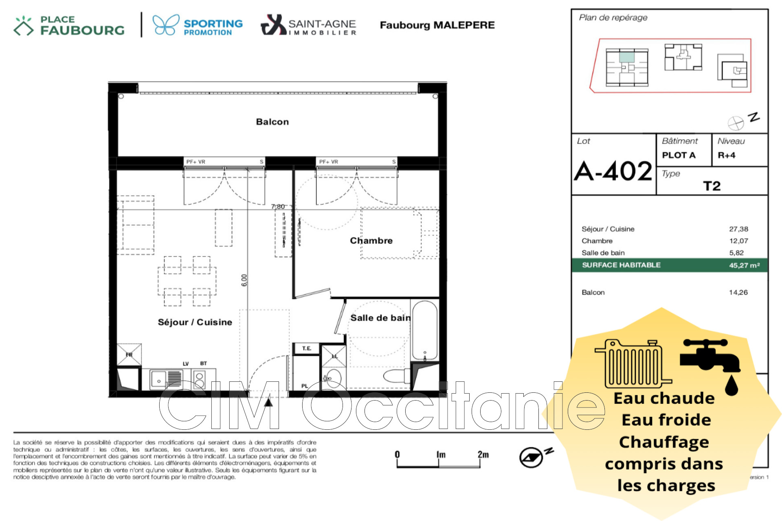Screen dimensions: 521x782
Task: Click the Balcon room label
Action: pos(272,122)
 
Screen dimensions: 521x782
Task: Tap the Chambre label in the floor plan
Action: pos(371,241)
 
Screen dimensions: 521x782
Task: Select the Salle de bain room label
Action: pos(380,318)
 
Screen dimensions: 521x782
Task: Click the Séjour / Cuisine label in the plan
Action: pos(195,322)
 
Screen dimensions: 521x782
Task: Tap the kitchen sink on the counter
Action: pos(158,379)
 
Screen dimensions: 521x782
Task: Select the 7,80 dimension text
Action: pos(278,206)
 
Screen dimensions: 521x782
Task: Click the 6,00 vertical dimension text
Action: pos(244,280)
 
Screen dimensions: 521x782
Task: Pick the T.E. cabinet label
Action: pos(306,348)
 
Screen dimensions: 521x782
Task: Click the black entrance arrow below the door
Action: pos(268,402)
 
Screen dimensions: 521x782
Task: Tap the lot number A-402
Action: pos(613,171)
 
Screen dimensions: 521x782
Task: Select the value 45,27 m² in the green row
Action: pos(744,265)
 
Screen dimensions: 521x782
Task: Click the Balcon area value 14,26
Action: pos(738,292)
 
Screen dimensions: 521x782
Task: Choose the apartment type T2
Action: pos(712,186)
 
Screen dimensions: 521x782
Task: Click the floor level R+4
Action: pos(726,155)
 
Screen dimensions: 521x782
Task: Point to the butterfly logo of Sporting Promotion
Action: pos(166,25)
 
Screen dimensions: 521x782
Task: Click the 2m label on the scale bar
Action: pos(483,454)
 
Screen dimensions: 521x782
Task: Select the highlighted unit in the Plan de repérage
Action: pos(627,57)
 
